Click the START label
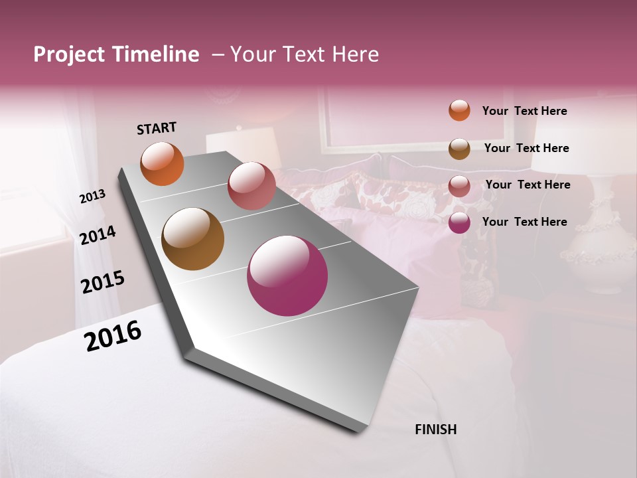157,128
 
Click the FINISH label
435,430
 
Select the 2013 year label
92,197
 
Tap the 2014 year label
98,236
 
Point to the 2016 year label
113,336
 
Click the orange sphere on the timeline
162,163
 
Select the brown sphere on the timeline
192,239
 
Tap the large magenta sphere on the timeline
287,276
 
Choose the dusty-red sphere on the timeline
251,186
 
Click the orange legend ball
459,111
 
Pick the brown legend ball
459,149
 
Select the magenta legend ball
459,222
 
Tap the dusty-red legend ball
459,186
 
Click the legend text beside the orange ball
524,111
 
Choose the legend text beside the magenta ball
524,222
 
